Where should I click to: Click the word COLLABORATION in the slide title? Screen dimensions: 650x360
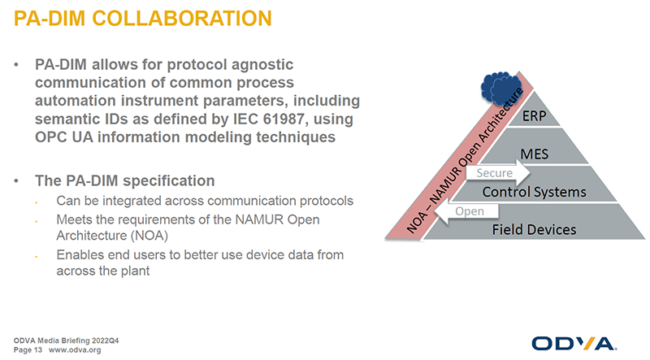(181, 19)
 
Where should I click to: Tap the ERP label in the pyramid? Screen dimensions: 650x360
(534, 116)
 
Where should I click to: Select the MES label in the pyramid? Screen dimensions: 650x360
(534, 154)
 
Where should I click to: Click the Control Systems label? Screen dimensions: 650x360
(534, 192)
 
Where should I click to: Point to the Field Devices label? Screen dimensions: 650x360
(534, 230)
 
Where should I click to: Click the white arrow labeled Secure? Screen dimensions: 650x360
(498, 173)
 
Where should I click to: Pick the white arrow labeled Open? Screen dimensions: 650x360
(466, 211)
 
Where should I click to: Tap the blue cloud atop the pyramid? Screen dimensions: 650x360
(500, 88)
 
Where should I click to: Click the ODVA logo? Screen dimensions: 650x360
(574, 344)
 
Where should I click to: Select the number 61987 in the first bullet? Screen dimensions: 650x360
(286, 119)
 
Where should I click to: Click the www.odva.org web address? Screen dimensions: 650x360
(75, 350)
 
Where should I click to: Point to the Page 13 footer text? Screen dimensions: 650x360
(28, 350)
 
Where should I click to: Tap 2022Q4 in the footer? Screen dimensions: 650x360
(106, 340)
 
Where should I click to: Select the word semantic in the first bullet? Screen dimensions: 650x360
(67, 119)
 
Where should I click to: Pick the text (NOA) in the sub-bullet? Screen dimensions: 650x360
(149, 236)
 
